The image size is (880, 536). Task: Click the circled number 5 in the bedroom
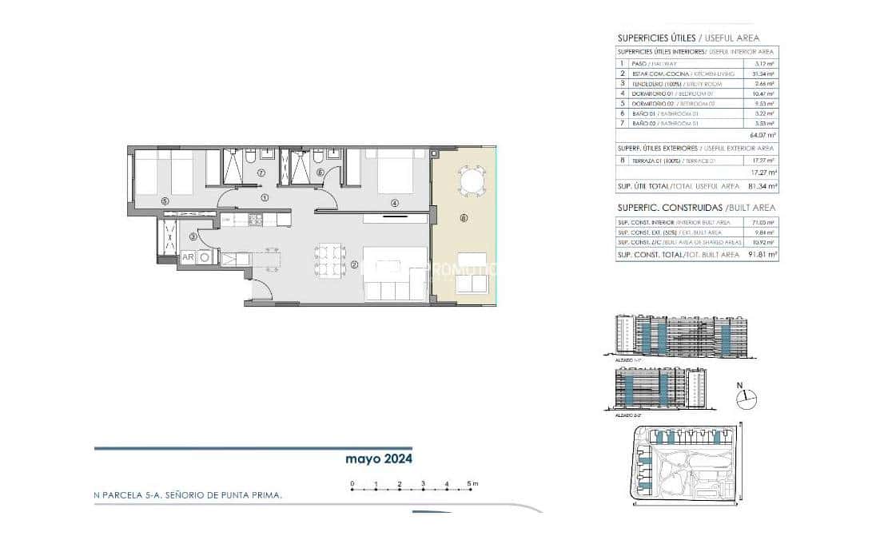165,201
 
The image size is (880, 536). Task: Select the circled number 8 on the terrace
464,217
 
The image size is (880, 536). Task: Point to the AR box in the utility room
188,257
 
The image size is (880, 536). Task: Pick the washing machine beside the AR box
205,257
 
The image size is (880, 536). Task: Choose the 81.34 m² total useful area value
763,186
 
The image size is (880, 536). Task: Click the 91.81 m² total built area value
763,255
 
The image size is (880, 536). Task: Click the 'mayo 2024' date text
378,459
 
